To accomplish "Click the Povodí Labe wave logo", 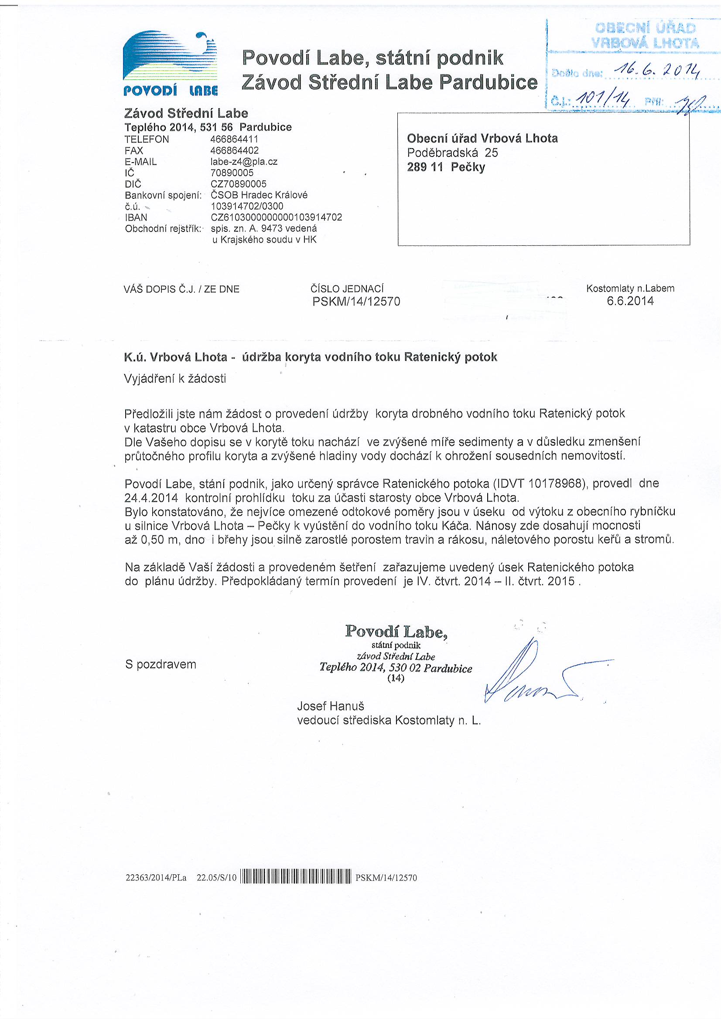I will [170, 62].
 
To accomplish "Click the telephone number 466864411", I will [234, 139].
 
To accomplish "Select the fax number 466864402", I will [234, 150].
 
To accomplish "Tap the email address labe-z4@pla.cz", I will [244, 162].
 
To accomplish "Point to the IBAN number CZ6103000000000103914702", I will [276, 217].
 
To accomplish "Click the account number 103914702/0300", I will [247, 207].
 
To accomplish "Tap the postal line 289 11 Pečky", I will [446, 167].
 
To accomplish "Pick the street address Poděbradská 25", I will [452, 153].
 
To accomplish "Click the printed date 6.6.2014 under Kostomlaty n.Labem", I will [630, 301].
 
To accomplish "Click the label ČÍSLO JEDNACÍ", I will [347, 289].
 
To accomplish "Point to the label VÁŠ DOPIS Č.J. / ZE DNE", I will [182, 289].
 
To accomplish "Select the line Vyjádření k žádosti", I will [175, 379].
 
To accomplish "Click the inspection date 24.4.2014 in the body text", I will [151, 497].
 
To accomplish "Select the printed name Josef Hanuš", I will [331, 706].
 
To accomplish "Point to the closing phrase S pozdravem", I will [161, 664].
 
